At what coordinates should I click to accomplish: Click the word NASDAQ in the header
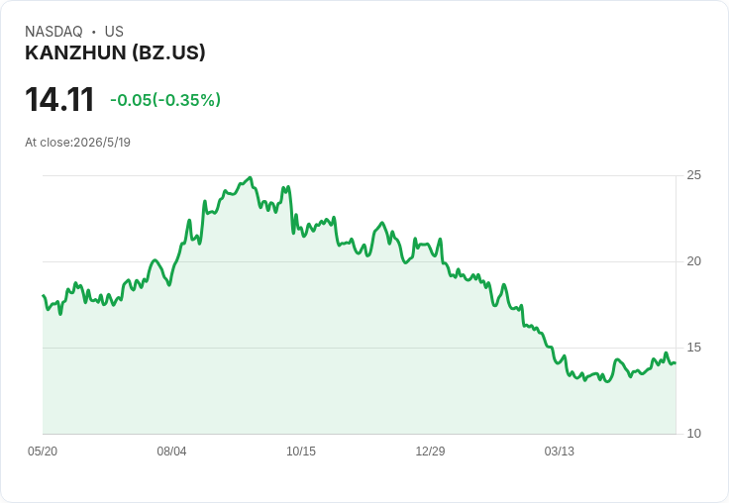tap(53, 32)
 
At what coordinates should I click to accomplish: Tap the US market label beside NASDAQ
tap(114, 32)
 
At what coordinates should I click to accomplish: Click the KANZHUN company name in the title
tap(76, 52)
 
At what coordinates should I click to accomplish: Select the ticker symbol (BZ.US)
tap(168, 52)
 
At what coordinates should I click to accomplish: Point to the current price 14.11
tap(59, 99)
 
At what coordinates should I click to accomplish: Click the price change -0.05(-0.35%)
tap(165, 100)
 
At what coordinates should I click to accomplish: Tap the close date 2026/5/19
tap(102, 143)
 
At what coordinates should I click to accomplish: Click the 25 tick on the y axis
tap(693, 175)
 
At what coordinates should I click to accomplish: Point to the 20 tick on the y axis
tap(693, 261)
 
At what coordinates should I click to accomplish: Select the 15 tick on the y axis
tap(693, 348)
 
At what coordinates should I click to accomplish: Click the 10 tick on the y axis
tap(693, 434)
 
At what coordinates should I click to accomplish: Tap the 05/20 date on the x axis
tap(43, 451)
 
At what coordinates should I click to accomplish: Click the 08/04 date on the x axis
tap(171, 451)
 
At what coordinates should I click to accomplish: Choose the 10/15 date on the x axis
tap(301, 451)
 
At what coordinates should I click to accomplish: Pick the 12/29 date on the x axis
tap(430, 451)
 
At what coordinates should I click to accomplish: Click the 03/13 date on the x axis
tap(560, 451)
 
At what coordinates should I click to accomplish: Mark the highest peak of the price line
tap(251, 177)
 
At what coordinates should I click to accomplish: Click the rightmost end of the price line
tap(676, 362)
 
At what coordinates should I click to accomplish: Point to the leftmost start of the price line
tap(44, 296)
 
